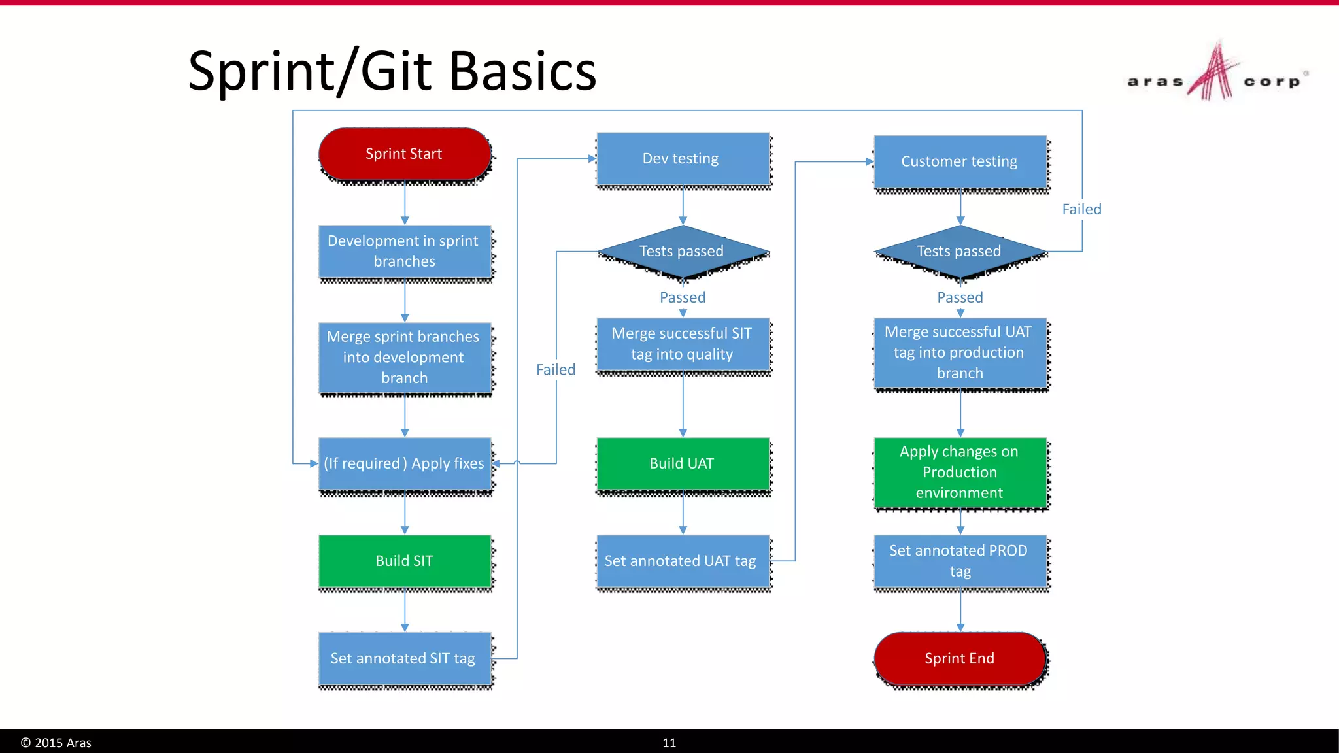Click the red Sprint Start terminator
[404, 154]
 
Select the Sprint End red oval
[959, 658]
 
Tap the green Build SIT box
[404, 561]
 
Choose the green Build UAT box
[682, 463]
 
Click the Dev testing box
[682, 159]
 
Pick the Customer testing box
[959, 161]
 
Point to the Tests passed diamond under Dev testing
[682, 252]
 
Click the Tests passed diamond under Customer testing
[959, 252]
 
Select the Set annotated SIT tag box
[404, 658]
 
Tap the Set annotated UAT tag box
[682, 561]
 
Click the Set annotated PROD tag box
[959, 561]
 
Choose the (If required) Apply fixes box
[404, 463]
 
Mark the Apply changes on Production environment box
[959, 472]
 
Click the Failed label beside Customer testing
[1081, 209]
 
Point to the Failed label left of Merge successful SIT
[556, 370]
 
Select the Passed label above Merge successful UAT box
[960, 297]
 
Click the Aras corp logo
[1215, 75]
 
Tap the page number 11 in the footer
[669, 743]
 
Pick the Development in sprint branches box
[404, 252]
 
